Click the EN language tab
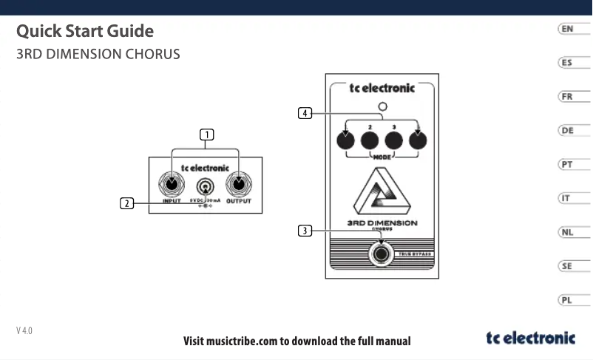[566, 29]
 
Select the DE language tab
[566, 131]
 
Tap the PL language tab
[566, 301]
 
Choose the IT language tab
[566, 199]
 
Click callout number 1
[206, 135]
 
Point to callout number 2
[127, 203]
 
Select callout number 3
[304, 231]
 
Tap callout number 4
[304, 113]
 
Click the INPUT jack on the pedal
[172, 185]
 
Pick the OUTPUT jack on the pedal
[239, 185]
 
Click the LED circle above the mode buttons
[382, 106]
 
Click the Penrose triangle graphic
[382, 191]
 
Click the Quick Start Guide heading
[85, 32]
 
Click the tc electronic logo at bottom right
[530, 339]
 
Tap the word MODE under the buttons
[382, 157]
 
